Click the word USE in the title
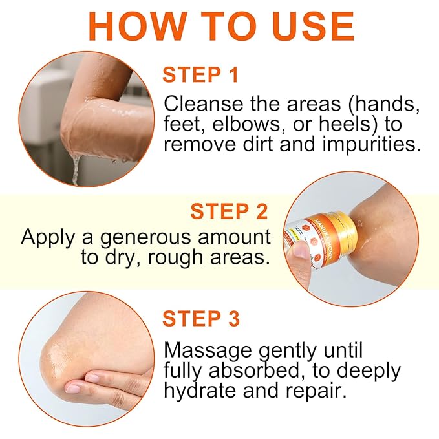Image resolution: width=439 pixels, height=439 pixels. point(310,26)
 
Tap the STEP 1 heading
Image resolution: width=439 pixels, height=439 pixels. point(201,75)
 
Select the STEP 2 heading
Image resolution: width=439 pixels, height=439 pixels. point(230,211)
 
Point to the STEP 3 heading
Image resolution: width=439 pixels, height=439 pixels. point(201,319)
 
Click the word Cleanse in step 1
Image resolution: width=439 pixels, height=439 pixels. point(202,103)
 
